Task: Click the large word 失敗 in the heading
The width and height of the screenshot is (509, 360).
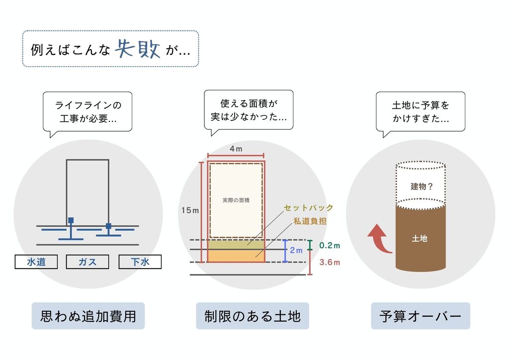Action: click(x=138, y=49)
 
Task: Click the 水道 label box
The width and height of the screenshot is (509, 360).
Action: click(x=36, y=262)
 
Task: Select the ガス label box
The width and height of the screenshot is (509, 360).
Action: click(x=87, y=262)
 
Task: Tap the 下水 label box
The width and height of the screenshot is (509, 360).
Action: click(x=140, y=262)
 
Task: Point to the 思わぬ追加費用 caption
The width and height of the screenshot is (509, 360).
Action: click(x=88, y=316)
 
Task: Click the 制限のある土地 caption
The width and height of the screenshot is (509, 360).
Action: click(x=253, y=316)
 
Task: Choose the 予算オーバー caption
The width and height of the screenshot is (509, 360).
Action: click(x=421, y=316)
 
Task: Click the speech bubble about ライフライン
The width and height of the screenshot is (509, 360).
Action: click(x=88, y=112)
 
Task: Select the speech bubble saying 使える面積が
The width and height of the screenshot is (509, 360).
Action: click(x=249, y=110)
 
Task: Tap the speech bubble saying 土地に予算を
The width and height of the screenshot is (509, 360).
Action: click(x=421, y=112)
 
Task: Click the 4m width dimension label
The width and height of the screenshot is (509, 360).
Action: click(x=236, y=149)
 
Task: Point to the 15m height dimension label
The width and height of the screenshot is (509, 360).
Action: click(x=190, y=211)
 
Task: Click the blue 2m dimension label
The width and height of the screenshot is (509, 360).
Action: click(x=296, y=251)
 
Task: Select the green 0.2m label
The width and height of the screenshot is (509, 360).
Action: click(x=330, y=246)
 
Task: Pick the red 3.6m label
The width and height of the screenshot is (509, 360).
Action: click(x=330, y=263)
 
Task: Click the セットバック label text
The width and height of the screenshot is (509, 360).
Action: click(x=308, y=208)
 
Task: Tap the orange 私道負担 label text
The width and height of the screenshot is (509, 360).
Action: click(x=310, y=222)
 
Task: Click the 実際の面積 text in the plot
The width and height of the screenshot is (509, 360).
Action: click(x=236, y=200)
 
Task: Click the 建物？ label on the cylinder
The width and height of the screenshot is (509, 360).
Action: click(x=422, y=187)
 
